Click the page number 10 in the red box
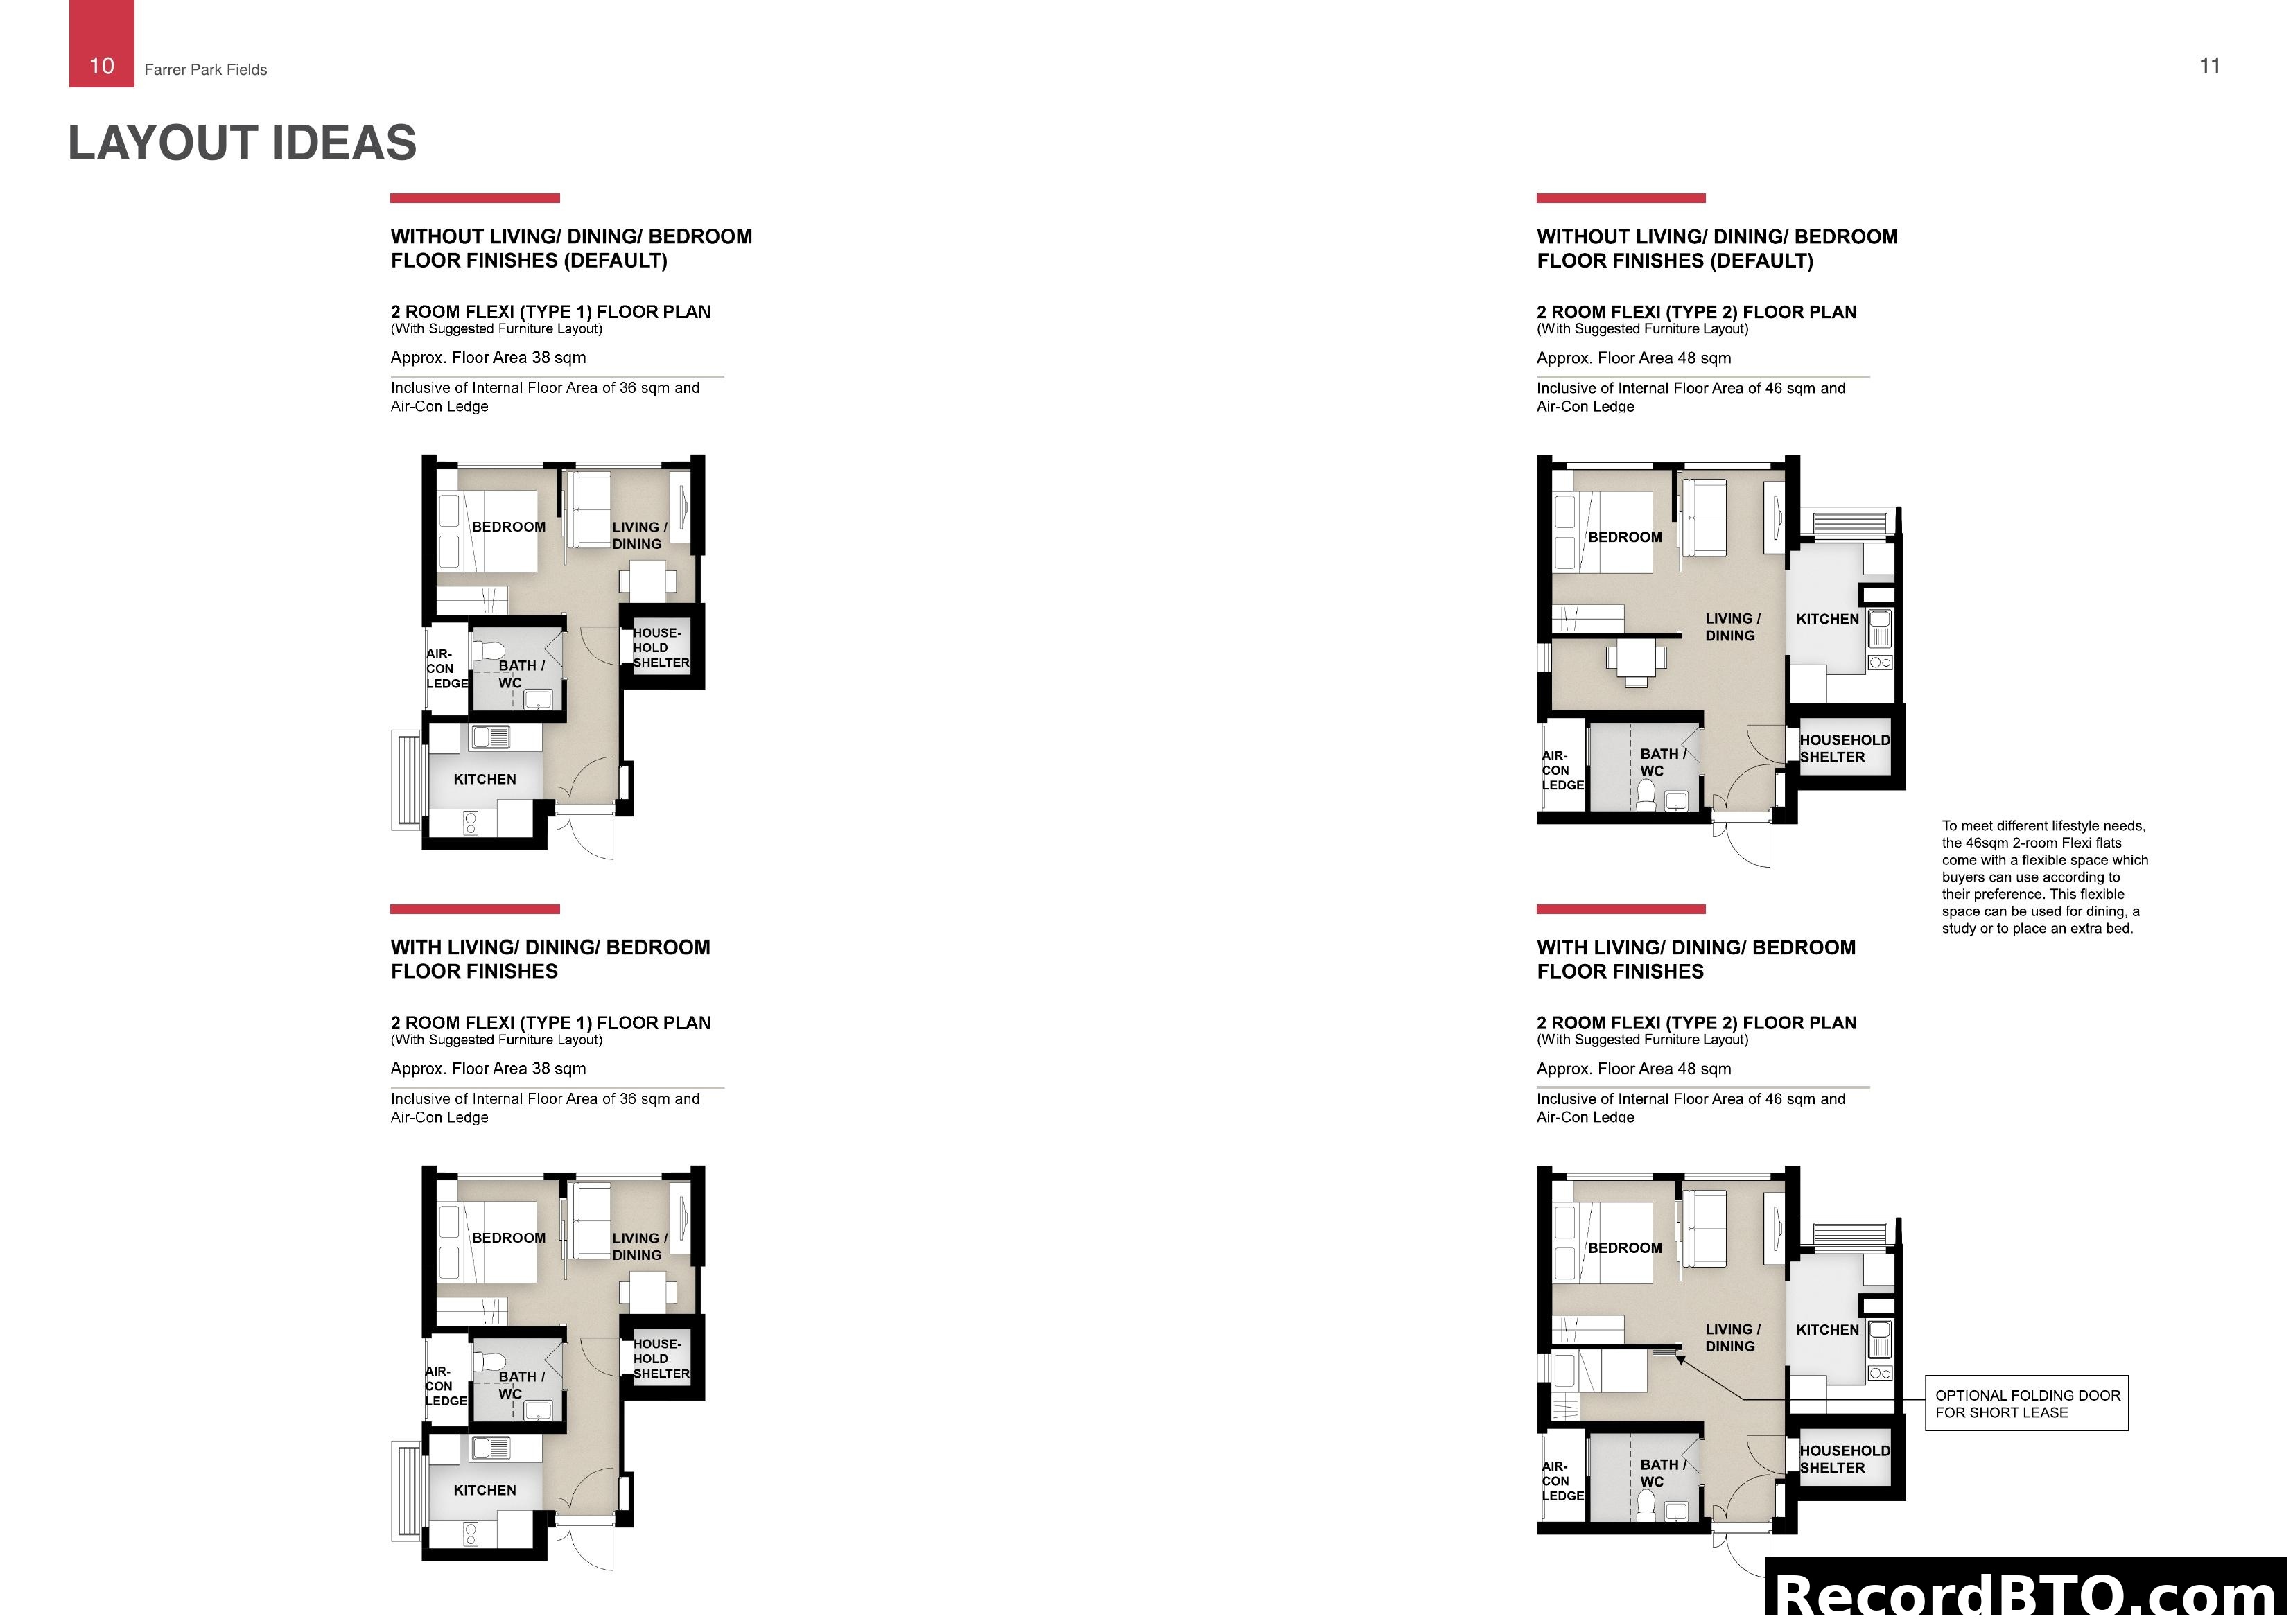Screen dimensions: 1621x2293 click(x=102, y=66)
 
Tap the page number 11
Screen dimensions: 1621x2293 click(x=2209, y=66)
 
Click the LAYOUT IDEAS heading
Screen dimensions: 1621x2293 click(x=242, y=143)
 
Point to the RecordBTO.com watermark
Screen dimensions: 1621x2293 click(x=2028, y=1593)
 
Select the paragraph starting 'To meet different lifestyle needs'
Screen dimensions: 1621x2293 click(x=2043, y=877)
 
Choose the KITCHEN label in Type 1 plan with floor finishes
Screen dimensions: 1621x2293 click(x=485, y=1490)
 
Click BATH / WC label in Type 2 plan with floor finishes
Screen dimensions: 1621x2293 click(x=1662, y=1473)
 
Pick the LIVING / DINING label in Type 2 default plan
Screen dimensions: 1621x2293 click(x=1732, y=627)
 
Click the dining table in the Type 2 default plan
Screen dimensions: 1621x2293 click(x=1636, y=659)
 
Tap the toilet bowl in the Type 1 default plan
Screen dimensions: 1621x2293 click(x=489, y=651)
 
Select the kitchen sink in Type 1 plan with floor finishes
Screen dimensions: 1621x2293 click(x=490, y=1448)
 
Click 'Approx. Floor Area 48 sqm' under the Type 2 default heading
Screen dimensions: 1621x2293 click(x=1634, y=358)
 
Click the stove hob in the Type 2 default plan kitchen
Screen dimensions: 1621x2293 click(x=1880, y=662)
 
